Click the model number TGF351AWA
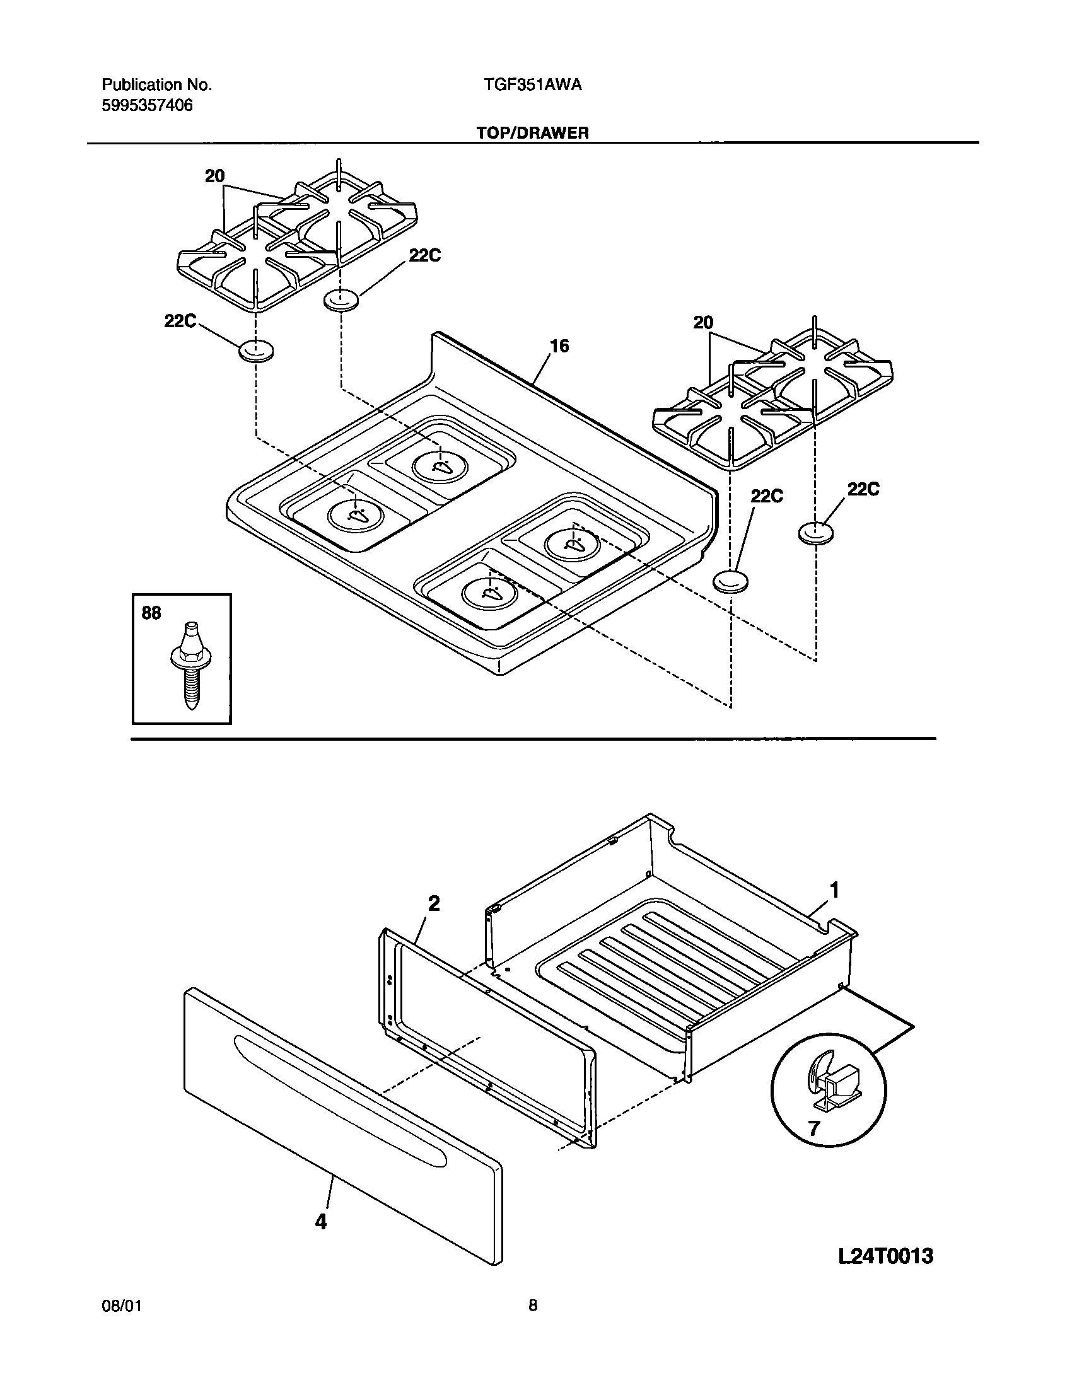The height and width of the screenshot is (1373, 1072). point(529,85)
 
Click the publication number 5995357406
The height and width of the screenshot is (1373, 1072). point(147,105)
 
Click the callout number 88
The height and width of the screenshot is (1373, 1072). point(151,613)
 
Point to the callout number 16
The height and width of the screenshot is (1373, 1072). point(559,346)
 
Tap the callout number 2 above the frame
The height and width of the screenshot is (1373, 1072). point(434,904)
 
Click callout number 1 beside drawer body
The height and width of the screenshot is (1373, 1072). point(834,891)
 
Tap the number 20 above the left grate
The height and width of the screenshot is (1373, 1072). point(215,177)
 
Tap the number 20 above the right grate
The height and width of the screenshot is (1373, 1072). point(703,323)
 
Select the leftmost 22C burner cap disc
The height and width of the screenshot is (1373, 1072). point(255,351)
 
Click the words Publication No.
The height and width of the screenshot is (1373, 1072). point(156,85)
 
